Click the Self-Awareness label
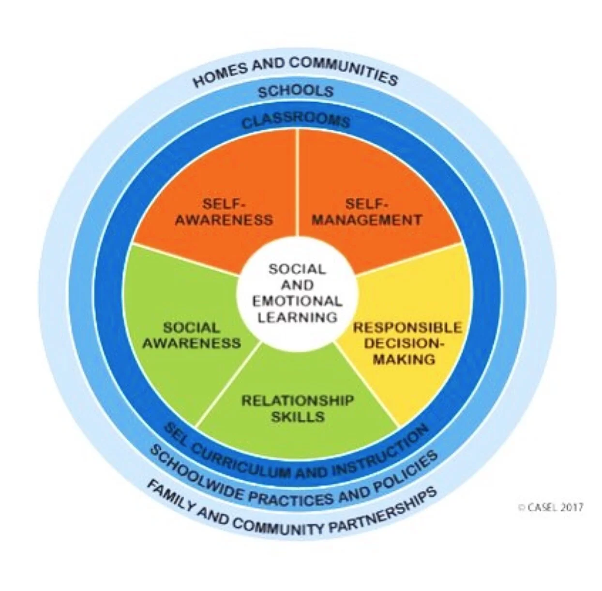click(224, 212)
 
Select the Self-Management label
click(366, 212)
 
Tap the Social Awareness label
click(192, 335)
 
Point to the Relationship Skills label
click(298, 408)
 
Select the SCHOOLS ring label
click(296, 91)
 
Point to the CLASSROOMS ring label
click(296, 121)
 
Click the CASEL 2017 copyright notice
click(550, 507)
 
